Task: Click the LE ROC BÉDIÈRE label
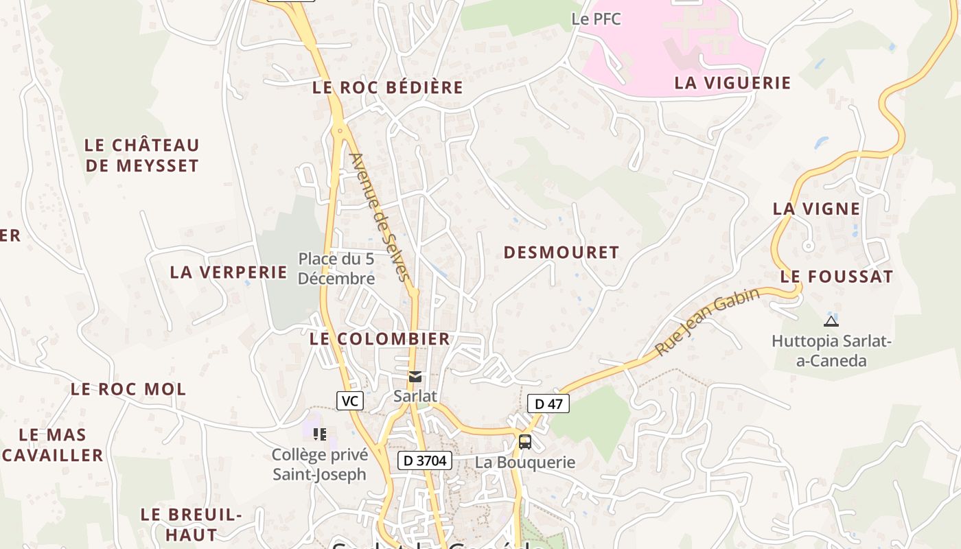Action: (x=388, y=88)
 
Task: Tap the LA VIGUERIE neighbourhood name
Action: (x=732, y=83)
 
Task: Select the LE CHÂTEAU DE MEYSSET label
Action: (x=142, y=155)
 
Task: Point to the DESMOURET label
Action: (x=561, y=253)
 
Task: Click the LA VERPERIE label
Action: (x=229, y=272)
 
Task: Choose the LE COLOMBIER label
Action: (x=380, y=338)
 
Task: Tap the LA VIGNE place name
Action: (x=816, y=209)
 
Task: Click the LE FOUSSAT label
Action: (x=837, y=277)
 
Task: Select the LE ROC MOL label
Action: (x=128, y=389)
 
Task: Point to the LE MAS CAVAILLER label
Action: (x=53, y=445)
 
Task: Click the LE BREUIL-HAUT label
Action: (x=192, y=524)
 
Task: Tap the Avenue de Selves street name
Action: (x=380, y=217)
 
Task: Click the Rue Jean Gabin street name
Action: (x=708, y=321)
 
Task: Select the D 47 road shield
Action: (x=548, y=404)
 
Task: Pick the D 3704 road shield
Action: (x=425, y=460)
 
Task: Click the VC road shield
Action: (x=350, y=401)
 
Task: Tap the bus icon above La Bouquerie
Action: (x=525, y=441)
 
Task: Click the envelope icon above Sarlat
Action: (x=415, y=377)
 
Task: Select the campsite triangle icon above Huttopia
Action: (x=831, y=320)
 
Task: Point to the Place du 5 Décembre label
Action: (x=336, y=268)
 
